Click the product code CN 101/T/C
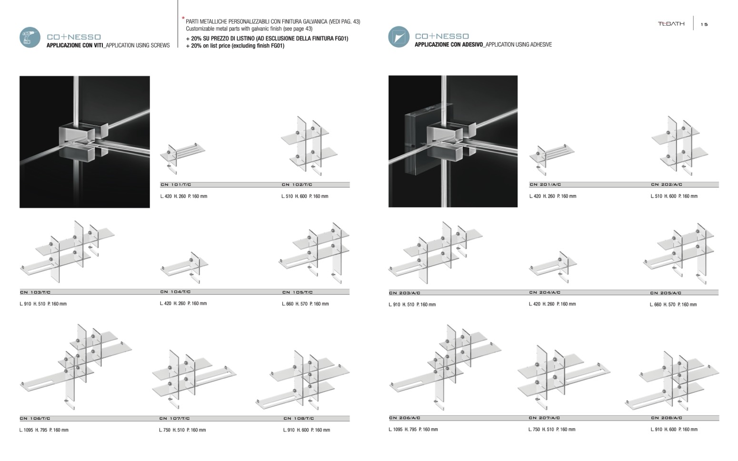[x=176, y=185]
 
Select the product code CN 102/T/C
[x=297, y=185]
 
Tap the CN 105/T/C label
[x=298, y=292]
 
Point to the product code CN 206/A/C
[x=404, y=418]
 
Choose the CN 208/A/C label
[x=666, y=418]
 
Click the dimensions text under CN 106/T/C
[x=44, y=430]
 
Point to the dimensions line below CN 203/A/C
[x=412, y=304]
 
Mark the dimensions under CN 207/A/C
[x=551, y=430]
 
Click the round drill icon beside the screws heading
[x=30, y=38]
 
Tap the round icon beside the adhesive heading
[x=399, y=37]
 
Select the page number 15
[x=704, y=25]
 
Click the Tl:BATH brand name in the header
[x=671, y=24]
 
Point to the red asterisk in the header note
[x=183, y=19]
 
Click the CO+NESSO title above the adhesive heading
[x=441, y=36]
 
